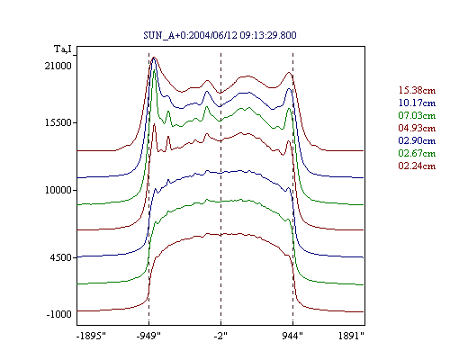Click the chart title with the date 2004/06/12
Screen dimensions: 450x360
coord(220,35)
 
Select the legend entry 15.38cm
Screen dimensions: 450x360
coord(417,90)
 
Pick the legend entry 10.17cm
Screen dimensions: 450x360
coord(417,103)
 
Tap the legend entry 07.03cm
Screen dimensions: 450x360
coord(417,115)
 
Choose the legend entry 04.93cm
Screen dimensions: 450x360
coord(417,128)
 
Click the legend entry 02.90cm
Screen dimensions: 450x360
coord(417,140)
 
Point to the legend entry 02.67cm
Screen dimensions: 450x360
coord(417,153)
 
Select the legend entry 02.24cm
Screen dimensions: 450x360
coord(417,166)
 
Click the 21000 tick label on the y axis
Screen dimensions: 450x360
coord(58,66)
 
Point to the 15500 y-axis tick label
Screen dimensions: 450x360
coord(58,122)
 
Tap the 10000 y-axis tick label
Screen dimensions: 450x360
coord(58,190)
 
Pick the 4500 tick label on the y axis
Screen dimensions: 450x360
coord(61,257)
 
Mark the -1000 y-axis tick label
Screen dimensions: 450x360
coord(59,314)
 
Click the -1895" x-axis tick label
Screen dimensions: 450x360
coord(92,336)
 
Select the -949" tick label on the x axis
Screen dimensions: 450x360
coord(148,336)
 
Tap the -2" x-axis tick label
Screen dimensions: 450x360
coord(220,336)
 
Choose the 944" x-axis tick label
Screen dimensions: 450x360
coord(292,336)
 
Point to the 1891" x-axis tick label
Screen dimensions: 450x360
coord(351,336)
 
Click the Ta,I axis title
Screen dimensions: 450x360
coord(63,49)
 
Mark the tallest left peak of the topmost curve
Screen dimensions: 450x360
coord(155,57)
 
